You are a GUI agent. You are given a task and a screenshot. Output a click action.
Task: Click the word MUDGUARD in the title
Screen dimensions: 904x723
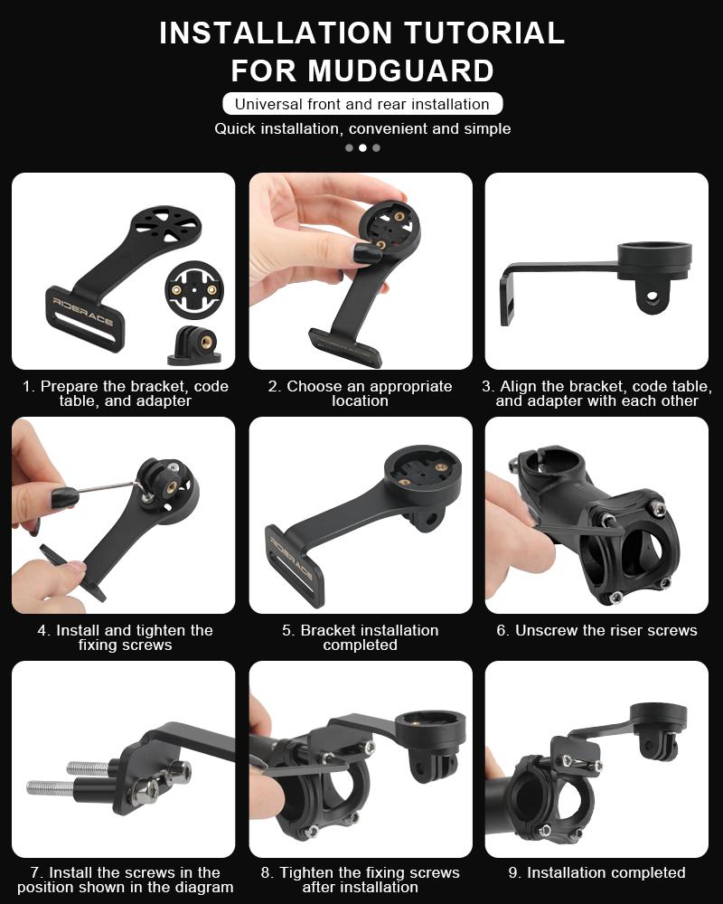tap(400, 71)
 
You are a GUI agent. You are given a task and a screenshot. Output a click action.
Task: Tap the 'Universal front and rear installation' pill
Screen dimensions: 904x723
tap(361, 104)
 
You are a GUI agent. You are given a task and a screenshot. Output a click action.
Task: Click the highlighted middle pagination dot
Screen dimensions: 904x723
tap(362, 147)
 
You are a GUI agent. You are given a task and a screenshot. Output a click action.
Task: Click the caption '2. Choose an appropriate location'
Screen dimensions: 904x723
tap(361, 393)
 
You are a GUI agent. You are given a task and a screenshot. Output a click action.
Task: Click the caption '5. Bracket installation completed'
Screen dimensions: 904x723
tap(361, 637)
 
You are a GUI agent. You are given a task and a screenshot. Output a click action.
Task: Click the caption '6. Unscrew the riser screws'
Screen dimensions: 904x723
tap(596, 630)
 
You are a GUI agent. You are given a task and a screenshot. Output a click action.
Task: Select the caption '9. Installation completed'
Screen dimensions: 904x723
tap(596, 872)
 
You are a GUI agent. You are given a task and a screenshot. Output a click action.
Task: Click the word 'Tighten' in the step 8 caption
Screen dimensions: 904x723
tap(307, 872)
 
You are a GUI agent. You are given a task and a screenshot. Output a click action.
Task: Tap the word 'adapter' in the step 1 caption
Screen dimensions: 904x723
tap(162, 400)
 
